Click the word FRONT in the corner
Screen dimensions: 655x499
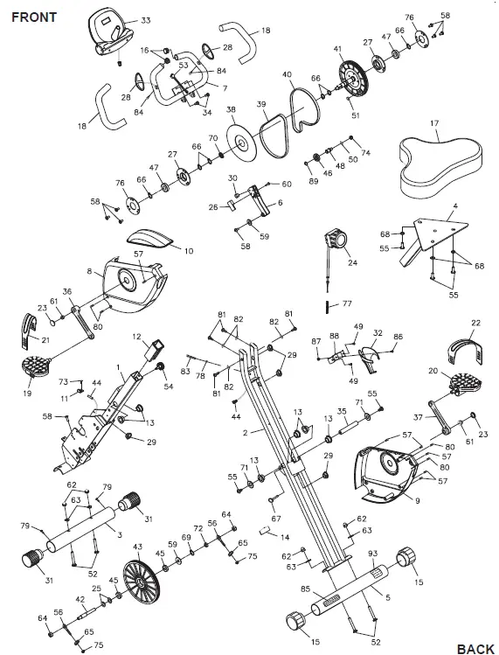pyautogui.click(x=34, y=17)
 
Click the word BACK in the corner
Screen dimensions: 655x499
pyautogui.click(x=475, y=648)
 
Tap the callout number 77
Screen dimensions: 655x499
pyautogui.click(x=347, y=305)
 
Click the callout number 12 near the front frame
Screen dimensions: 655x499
pyautogui.click(x=137, y=336)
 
